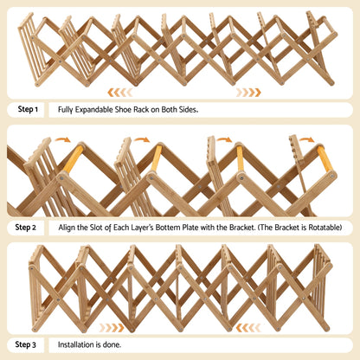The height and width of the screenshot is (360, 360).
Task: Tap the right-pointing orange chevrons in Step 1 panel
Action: [x=248, y=92]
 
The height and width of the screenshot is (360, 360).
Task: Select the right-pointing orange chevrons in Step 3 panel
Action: [x=111, y=327]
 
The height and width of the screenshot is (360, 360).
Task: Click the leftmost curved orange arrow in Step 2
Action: [x=63, y=138]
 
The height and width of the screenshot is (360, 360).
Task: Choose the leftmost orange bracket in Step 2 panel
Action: [x=73, y=157]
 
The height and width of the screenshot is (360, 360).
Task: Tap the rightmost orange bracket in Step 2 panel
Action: [x=324, y=158]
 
